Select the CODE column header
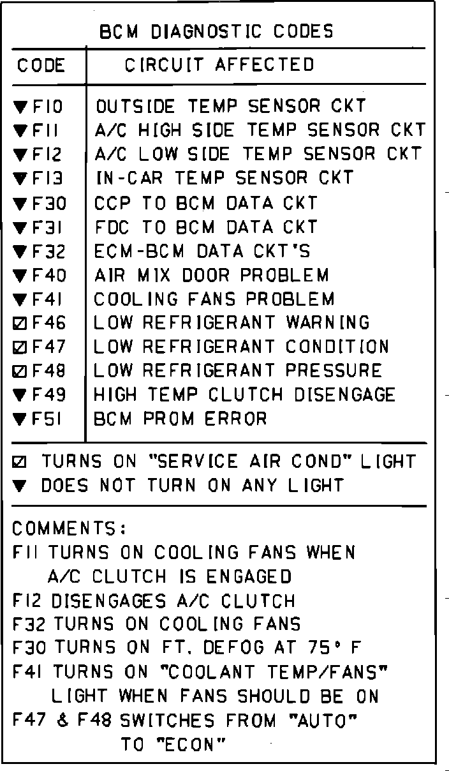pyautogui.click(x=41, y=65)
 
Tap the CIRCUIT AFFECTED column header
pyautogui.click(x=219, y=65)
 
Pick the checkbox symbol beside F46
pyautogui.click(x=19, y=324)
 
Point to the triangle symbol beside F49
pyautogui.click(x=19, y=396)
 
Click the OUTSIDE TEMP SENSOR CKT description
pyautogui.click(x=230, y=106)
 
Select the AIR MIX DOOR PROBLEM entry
pyautogui.click(x=212, y=276)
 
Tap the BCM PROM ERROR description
pyautogui.click(x=180, y=419)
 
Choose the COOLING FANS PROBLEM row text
pyautogui.click(x=214, y=299)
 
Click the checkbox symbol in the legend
pyautogui.click(x=19, y=462)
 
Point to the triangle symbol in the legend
pyautogui.click(x=19, y=486)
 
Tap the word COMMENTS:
pyautogui.click(x=70, y=529)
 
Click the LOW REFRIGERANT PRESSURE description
pyautogui.click(x=238, y=371)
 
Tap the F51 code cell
pyautogui.click(x=48, y=419)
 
